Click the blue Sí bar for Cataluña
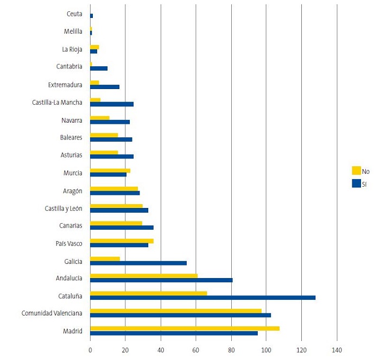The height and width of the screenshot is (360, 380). (202, 298)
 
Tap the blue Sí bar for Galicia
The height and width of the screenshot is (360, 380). (138, 263)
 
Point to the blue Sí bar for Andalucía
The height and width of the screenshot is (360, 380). (161, 280)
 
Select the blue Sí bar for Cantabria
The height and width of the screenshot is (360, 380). (99, 68)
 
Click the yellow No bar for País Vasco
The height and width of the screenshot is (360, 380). (122, 241)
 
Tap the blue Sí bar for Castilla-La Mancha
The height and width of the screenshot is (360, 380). (112, 104)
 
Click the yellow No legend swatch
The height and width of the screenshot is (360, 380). (356, 170)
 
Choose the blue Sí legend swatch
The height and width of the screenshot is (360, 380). (356, 184)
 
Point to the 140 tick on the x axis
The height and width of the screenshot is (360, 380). (337, 351)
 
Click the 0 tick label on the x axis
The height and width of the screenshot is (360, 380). (90, 351)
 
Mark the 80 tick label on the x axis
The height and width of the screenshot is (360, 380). (231, 351)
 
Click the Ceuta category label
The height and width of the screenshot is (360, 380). (74, 14)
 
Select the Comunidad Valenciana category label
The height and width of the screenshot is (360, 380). (52, 313)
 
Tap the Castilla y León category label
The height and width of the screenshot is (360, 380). (64, 208)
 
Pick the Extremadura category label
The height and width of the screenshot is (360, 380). (65, 85)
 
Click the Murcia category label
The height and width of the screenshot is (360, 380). (73, 173)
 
